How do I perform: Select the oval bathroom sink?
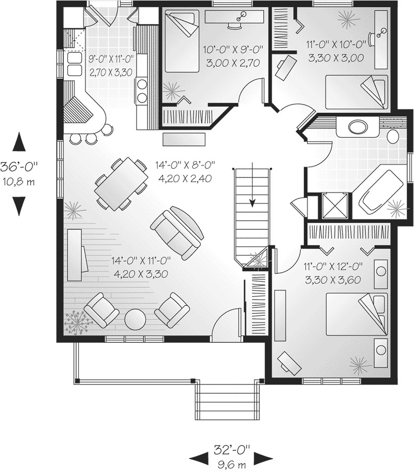click(357, 126)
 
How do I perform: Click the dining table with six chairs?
click(120, 184)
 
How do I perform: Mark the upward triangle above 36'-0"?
click(20, 141)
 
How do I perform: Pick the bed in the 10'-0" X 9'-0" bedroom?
click(182, 41)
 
